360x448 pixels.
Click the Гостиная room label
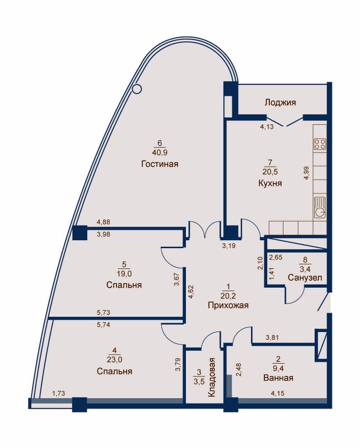pyautogui.click(x=160, y=164)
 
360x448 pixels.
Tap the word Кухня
pyautogui.click(x=270, y=183)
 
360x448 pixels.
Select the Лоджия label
pyautogui.click(x=280, y=102)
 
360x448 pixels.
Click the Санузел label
pyautogui.click(x=305, y=277)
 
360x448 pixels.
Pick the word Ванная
pyautogui.click(x=278, y=377)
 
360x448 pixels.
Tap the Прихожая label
pyautogui.click(x=228, y=305)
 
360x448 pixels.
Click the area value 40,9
pyautogui.click(x=160, y=152)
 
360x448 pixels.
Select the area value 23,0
pyautogui.click(x=115, y=360)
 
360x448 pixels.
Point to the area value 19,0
pyautogui.click(x=124, y=274)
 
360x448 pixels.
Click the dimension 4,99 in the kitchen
pyautogui.click(x=307, y=173)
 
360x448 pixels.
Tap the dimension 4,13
pyautogui.click(x=267, y=127)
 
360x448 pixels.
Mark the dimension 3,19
pyautogui.click(x=229, y=245)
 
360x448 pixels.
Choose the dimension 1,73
pyautogui.click(x=58, y=394)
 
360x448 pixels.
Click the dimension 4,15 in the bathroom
pyautogui.click(x=278, y=394)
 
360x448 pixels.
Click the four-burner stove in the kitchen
pyautogui.click(x=320, y=144)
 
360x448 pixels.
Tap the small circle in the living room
pyautogui.click(x=137, y=89)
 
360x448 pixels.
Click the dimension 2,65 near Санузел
pyautogui.click(x=275, y=257)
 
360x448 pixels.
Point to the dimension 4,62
pyautogui.click(x=190, y=292)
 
